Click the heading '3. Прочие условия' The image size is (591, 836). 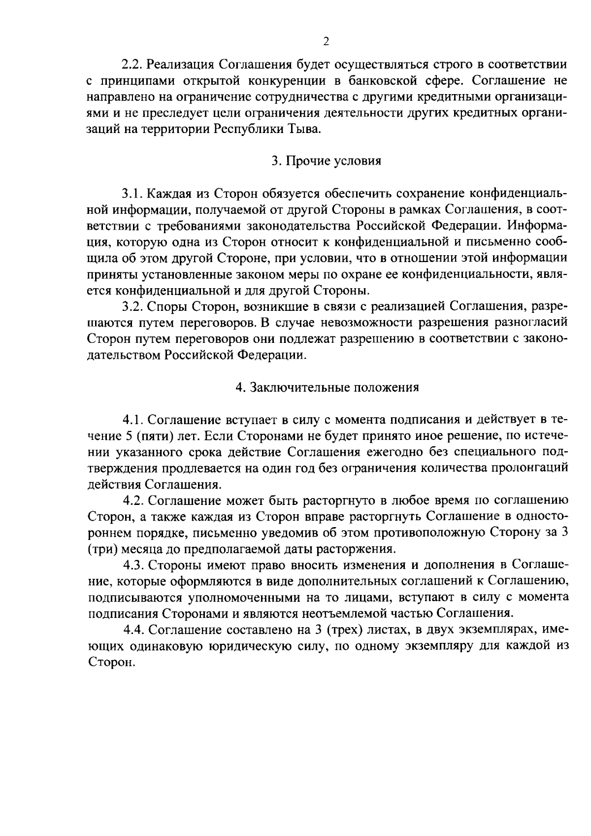[x=327, y=161]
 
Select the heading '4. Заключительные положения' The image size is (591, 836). [x=327, y=387]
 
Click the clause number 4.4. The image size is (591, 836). [x=133, y=630]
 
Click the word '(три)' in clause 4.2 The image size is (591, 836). [x=101, y=549]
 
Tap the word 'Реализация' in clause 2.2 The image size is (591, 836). [x=181, y=65]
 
